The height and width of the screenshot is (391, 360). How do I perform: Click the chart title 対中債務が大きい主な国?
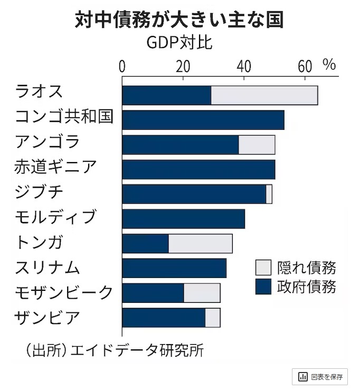pos(179,20)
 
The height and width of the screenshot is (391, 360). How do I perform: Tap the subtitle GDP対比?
pos(179,42)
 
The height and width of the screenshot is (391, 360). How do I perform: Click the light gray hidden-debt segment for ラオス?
pos(264,95)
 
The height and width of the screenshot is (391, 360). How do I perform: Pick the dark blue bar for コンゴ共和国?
pos(203,120)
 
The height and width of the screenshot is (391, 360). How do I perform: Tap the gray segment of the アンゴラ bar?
pos(257,145)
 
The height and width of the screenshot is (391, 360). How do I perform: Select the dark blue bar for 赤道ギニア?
pos(198,169)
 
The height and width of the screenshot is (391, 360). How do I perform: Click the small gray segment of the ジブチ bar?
pos(269,194)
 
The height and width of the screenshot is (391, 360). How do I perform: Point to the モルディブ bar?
pos(183,219)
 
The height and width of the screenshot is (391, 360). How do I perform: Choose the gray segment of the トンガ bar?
pos(200,244)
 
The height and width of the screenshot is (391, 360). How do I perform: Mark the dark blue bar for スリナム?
pos(174,269)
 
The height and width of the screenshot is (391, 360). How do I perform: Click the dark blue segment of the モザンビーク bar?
pos(153,293)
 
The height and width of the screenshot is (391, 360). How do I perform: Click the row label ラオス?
pos(39,91)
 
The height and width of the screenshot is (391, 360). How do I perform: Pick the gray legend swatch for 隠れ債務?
pos(263,267)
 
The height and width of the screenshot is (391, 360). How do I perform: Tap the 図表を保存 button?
pos(320,377)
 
